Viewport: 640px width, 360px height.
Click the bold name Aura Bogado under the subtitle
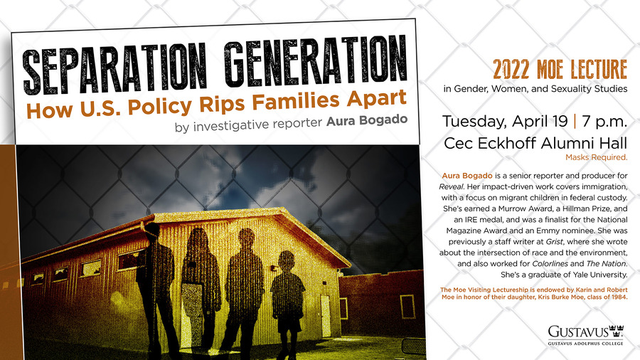366,120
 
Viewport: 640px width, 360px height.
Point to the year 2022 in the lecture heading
511,69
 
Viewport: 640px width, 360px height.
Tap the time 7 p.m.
604,121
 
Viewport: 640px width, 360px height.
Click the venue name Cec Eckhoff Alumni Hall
535,143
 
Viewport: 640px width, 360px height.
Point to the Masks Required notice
597,157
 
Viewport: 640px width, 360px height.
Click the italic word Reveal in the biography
451,186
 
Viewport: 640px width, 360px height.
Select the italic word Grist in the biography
554,242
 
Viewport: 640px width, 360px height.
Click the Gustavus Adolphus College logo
586,335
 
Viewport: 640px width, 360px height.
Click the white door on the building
325,316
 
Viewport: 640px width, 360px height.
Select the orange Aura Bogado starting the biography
467,176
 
